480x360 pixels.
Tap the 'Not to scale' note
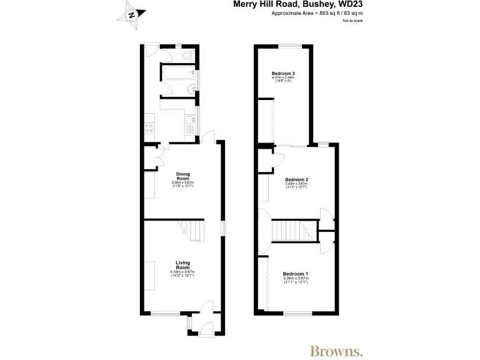pos(352,21)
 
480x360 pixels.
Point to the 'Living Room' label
pos(182,264)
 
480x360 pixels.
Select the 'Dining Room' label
pos(182,176)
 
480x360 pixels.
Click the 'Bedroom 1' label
pos(295,274)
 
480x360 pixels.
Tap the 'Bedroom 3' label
pos(283,74)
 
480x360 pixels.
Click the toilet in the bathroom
pos(187,57)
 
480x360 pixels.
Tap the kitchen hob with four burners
pos(149,127)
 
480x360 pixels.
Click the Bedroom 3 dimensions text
pos(283,80)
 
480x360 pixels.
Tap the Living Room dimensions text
pos(182,274)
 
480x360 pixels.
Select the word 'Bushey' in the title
pos(320,4)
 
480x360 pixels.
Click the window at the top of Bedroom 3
pos(289,44)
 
